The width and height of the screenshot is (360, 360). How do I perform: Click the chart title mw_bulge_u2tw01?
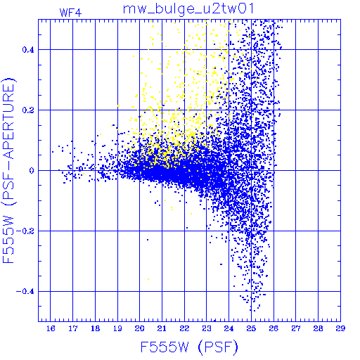coord(188,9)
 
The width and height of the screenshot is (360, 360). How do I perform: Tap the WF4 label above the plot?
coord(70,13)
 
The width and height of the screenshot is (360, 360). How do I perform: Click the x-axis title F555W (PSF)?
coord(189,347)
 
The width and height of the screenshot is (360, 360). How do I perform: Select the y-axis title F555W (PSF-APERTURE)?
coord(9,171)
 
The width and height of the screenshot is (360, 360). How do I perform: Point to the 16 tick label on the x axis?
coord(51,328)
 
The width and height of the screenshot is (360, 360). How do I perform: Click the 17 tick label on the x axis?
coord(73,328)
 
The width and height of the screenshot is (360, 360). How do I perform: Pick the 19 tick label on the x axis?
coord(117,328)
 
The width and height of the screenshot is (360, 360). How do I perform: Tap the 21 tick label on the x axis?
coord(162,328)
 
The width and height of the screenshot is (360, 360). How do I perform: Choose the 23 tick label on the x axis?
coord(207,328)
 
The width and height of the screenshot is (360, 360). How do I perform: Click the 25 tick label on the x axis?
coord(251,328)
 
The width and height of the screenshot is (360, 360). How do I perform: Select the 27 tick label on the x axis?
coord(296,328)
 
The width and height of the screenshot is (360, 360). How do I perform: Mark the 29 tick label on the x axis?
coord(340,328)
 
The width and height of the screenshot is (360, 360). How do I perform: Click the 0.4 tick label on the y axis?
coord(28,50)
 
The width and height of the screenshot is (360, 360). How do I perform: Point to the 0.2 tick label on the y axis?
coord(28,110)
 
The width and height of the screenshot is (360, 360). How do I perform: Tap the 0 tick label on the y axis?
coord(32,171)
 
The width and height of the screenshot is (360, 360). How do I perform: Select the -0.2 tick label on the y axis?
coord(25,231)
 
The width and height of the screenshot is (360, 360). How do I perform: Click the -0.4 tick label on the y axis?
coord(25,292)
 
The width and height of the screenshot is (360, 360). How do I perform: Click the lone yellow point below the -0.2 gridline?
coord(148,279)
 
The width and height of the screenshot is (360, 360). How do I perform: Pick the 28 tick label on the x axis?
coord(318,328)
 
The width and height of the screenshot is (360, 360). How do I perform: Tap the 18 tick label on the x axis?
coord(96,328)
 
